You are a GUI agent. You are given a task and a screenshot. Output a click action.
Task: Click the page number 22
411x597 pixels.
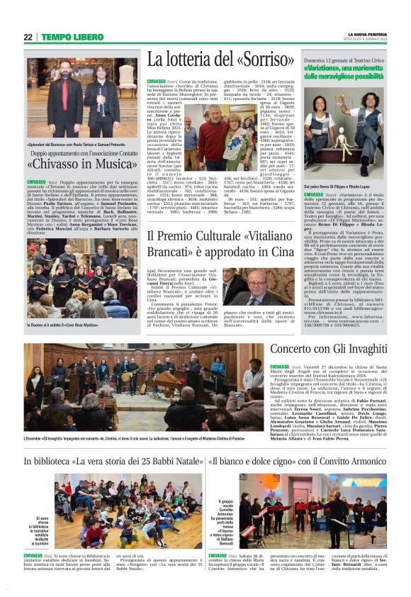28,37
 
